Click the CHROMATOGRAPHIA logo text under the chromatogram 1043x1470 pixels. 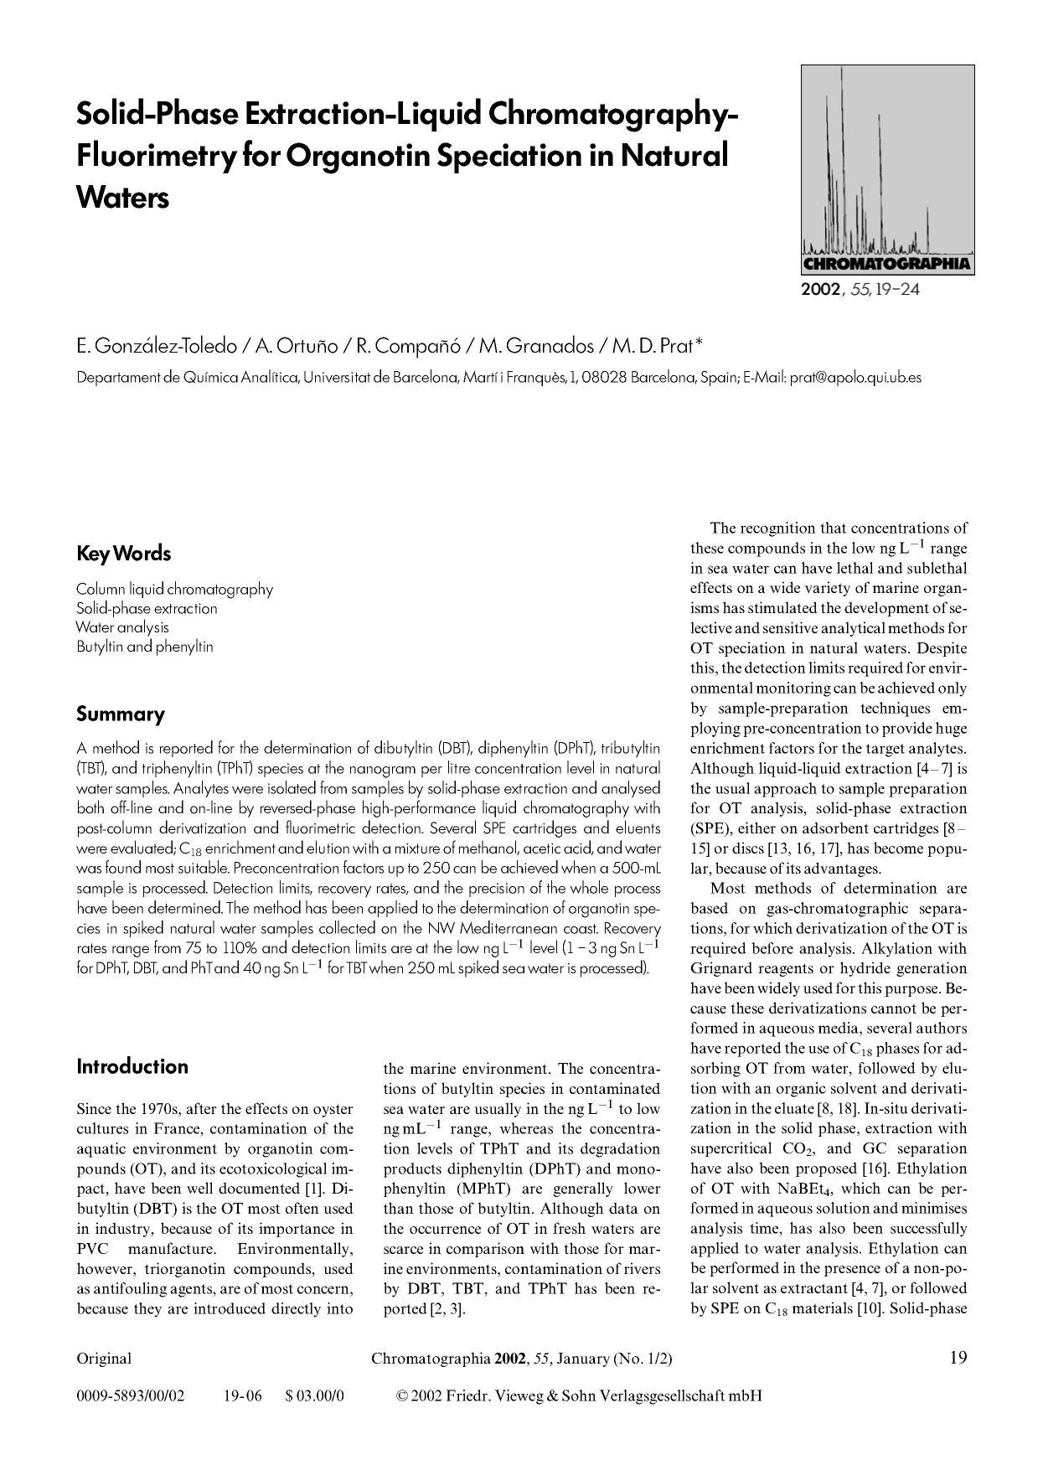pos(887,266)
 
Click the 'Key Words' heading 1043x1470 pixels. pos(123,554)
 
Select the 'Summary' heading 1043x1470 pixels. pos(120,714)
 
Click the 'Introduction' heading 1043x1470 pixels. pos(132,1066)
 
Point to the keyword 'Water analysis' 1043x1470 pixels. pos(122,627)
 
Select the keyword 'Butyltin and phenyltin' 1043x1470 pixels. pos(144,647)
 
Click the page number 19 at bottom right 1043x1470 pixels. pos(958,1358)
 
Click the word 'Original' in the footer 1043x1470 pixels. pos(104,1359)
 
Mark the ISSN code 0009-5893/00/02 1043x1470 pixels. pos(130,1396)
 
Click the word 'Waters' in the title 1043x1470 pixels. pos(122,199)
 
